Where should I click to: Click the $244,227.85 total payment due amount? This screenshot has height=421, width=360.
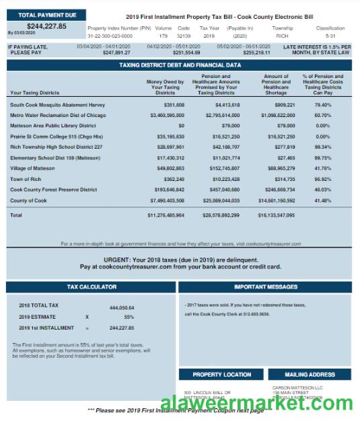(46, 26)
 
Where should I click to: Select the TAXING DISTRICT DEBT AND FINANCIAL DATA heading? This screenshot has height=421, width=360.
(180, 65)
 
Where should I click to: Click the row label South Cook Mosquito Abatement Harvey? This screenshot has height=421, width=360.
(58, 105)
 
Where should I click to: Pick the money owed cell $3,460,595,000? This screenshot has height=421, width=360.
(167, 115)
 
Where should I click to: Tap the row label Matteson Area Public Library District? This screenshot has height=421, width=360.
(53, 126)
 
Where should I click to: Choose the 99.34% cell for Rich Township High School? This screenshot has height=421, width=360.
(322, 147)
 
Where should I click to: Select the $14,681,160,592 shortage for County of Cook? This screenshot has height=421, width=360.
(277, 200)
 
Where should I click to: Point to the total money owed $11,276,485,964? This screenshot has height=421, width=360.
(166, 215)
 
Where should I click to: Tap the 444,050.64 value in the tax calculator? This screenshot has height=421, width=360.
(122, 307)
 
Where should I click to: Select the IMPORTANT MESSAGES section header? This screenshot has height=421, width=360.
(265, 286)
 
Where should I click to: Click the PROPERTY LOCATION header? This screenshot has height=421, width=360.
(221, 375)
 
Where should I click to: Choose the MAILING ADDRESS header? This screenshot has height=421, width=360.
(310, 375)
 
